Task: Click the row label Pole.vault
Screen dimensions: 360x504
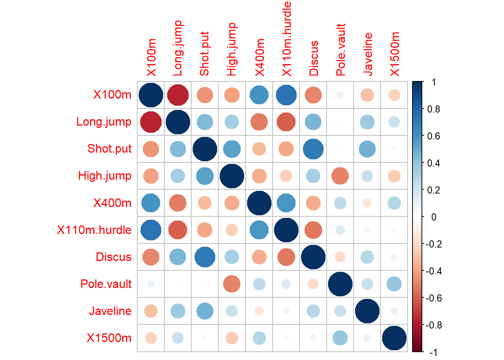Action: click(x=106, y=284)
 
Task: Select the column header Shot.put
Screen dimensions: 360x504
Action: click(x=204, y=54)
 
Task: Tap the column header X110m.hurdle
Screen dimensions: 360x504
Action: click(x=286, y=39)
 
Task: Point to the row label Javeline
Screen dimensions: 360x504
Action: click(x=110, y=311)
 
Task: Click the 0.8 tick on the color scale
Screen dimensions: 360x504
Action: click(x=433, y=109)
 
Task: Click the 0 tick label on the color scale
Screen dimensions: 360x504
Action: click(x=434, y=217)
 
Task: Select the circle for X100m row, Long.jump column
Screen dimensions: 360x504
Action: click(x=178, y=95)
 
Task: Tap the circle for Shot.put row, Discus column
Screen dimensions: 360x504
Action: click(x=313, y=149)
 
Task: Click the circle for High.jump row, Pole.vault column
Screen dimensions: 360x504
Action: click(x=340, y=176)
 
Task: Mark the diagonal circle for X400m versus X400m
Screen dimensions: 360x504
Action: click(x=259, y=203)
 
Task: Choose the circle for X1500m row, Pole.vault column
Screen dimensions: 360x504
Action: click(x=340, y=338)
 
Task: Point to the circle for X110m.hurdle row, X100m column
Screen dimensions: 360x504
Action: click(x=151, y=230)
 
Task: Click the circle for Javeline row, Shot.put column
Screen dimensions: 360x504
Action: click(x=205, y=311)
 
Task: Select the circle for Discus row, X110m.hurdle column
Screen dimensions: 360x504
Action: click(x=286, y=257)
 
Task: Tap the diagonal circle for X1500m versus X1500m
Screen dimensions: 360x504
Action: click(x=394, y=338)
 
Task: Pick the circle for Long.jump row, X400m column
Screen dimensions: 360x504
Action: click(x=259, y=122)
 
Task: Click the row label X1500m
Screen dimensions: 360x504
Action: click(x=109, y=338)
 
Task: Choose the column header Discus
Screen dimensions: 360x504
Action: click(x=313, y=58)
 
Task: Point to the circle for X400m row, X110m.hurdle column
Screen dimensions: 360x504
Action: click(x=286, y=203)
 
